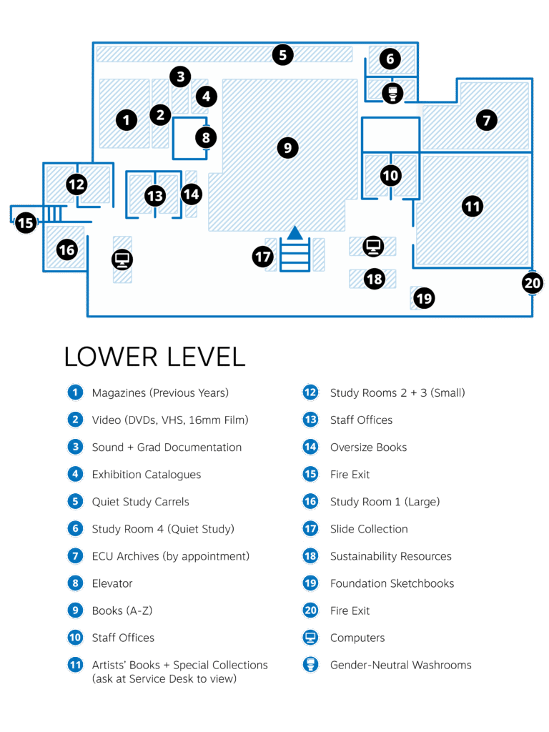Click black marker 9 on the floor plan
click(x=287, y=148)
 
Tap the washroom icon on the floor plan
click(x=390, y=92)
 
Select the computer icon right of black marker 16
click(x=122, y=259)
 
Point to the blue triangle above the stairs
click(x=295, y=232)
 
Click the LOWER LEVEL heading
click(x=154, y=356)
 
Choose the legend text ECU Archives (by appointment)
click(x=170, y=556)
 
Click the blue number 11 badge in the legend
click(x=74, y=665)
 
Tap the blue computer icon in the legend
click(x=310, y=638)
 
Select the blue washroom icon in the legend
click(x=310, y=665)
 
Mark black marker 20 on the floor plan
click(x=533, y=282)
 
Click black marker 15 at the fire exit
click(x=26, y=223)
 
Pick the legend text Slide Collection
click(x=368, y=529)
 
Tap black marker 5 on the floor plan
click(x=283, y=54)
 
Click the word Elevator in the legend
click(x=112, y=583)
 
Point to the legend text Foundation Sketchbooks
click(x=392, y=583)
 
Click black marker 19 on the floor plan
click(x=424, y=297)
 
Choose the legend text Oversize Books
click(x=368, y=447)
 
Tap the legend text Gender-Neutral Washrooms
click(x=400, y=665)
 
